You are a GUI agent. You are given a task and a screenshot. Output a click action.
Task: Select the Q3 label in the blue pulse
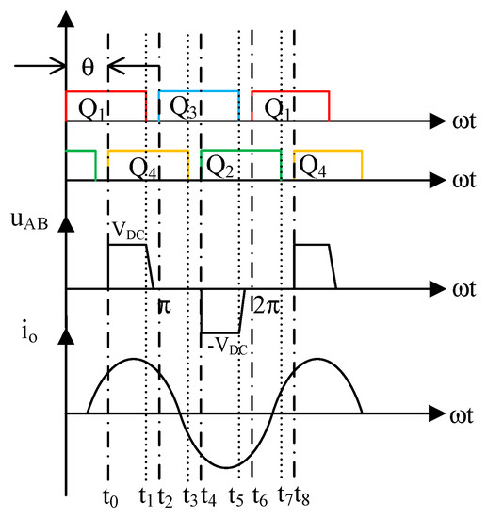pos(183,105)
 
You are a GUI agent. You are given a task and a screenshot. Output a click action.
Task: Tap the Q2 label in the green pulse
pos(219,167)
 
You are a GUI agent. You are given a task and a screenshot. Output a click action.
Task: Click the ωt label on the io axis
pos(462,414)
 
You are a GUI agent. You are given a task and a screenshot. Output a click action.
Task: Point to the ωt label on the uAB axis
pos(462,289)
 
